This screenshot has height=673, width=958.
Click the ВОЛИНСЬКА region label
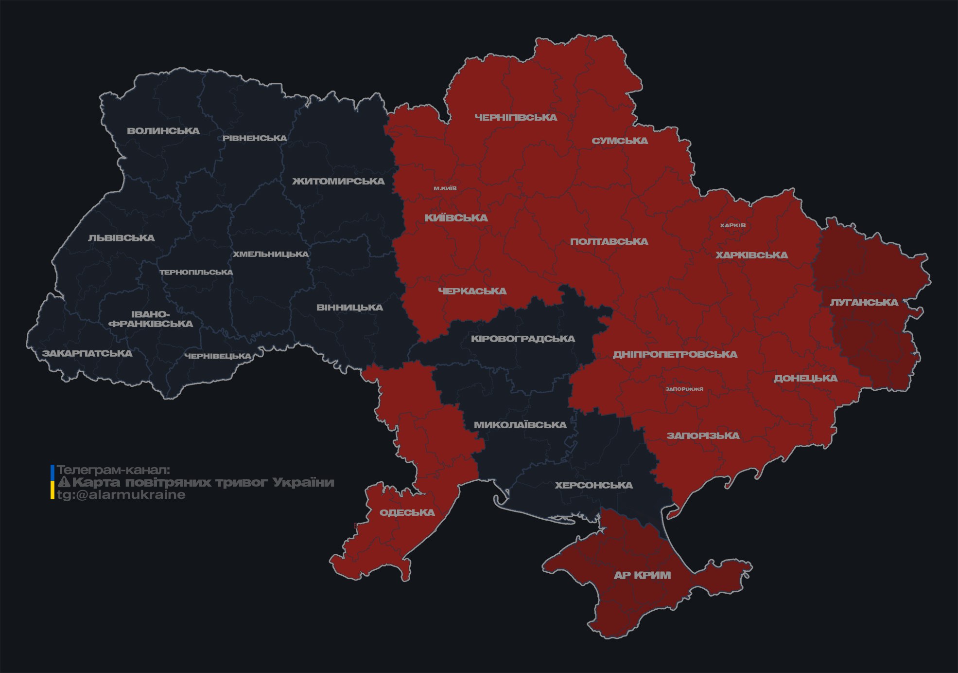coord(163,131)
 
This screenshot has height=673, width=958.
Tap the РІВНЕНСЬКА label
coord(255,138)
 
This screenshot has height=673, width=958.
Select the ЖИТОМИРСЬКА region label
coord(338,182)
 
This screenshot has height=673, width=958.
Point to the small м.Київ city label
coord(445,188)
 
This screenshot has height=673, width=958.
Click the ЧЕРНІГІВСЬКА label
coord(516,117)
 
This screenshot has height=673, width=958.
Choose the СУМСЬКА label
coord(620,141)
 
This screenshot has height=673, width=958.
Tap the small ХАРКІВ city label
coord(732,225)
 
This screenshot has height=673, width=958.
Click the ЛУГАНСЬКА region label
coord(864,303)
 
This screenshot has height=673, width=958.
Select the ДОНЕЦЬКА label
coord(805,378)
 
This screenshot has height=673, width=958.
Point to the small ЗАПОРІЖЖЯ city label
coord(684,389)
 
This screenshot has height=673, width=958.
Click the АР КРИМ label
coord(642,575)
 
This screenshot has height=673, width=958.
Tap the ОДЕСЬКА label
coord(407,512)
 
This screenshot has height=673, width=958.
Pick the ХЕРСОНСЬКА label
coord(593,485)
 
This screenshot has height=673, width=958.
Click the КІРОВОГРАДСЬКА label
coord(523,339)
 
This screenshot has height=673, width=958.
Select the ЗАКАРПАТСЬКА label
coord(87,353)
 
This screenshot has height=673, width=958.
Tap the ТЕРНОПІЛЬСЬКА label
coord(196,273)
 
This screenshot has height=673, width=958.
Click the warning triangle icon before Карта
coord(64,482)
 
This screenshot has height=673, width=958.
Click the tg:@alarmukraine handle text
coord(121,495)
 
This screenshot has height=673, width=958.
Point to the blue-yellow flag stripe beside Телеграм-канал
coord(52,482)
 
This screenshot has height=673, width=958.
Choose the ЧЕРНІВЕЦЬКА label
coord(218,356)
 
